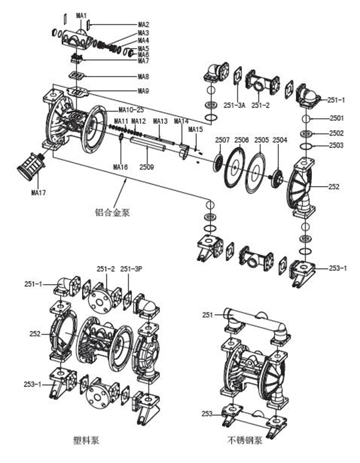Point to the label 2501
337,119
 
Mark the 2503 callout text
337,145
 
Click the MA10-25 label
131,109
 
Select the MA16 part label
120,166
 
